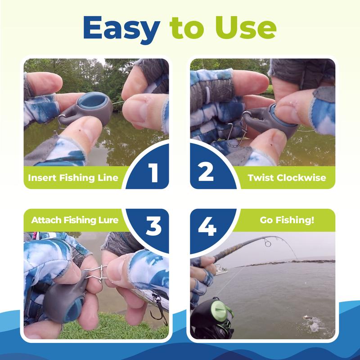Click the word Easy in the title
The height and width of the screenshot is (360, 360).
[121, 29]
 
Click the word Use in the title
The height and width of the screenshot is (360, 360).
[245, 28]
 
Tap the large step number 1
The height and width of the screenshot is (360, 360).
[153, 173]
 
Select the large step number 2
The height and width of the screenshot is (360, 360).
[206, 173]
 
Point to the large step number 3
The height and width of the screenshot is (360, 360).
[153, 226]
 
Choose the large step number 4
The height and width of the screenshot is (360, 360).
[207, 226]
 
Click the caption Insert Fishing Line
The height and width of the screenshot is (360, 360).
[73, 178]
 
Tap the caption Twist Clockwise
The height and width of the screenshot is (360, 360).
[287, 178]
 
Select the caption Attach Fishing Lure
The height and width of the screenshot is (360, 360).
[75, 220]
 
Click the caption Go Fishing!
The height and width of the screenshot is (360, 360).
[287, 220]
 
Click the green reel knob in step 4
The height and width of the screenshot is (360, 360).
[219, 309]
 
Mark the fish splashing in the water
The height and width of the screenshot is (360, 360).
[312, 322]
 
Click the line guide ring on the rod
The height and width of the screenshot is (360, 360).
[267, 243]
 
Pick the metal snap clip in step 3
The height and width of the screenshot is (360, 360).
[96, 274]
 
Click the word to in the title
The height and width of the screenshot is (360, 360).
[186, 29]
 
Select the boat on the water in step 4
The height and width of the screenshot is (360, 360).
[220, 270]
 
